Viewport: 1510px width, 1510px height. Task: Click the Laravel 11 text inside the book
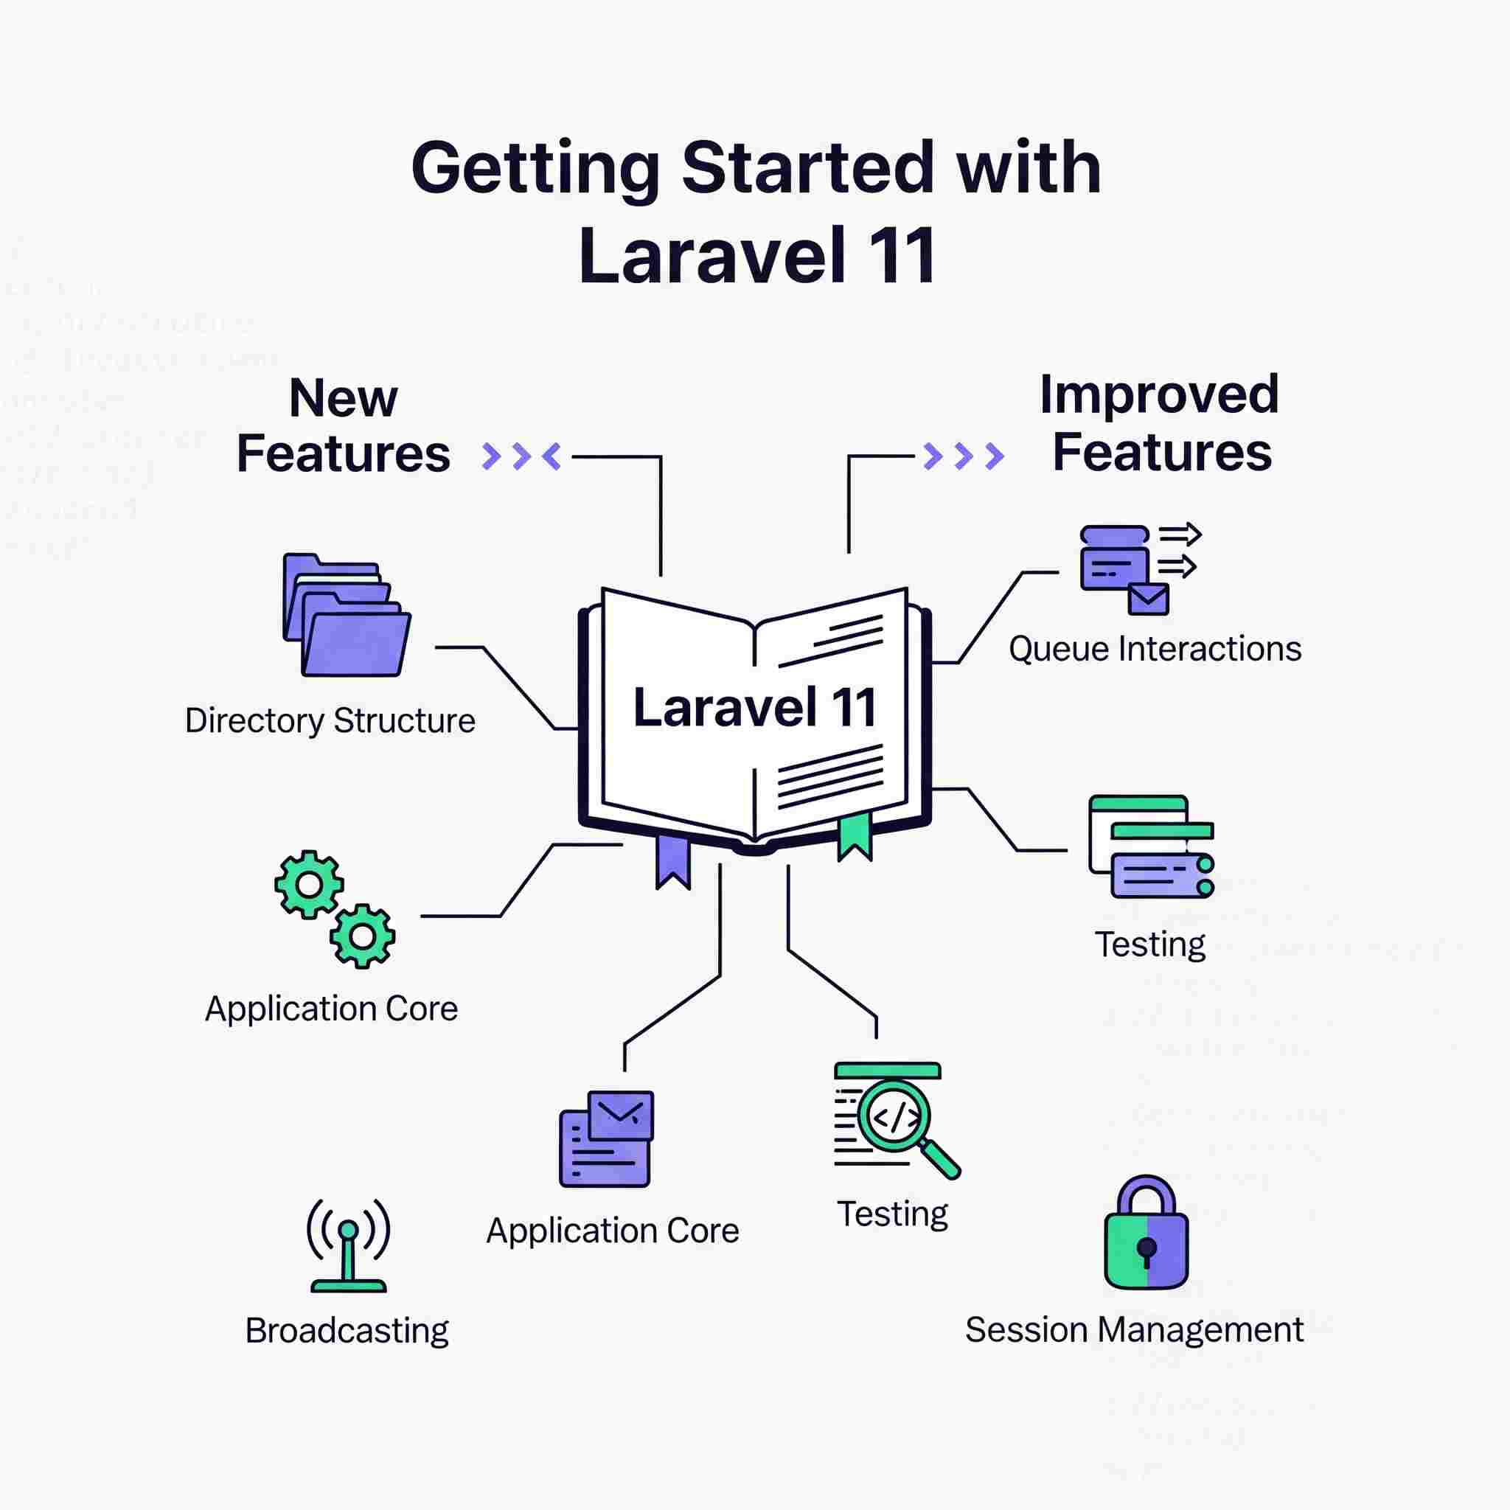754,708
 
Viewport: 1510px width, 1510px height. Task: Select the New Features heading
343,426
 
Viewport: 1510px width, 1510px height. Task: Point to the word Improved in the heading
1159,394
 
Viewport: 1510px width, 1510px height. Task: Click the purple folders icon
347,616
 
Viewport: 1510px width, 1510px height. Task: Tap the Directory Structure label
330,720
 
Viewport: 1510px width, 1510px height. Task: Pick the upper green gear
309,884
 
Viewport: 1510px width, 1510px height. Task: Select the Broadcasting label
347,1331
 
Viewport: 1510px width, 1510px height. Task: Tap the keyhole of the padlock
1147,1248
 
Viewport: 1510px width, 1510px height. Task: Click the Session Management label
1134,1329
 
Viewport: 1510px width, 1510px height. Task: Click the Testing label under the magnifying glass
893,1214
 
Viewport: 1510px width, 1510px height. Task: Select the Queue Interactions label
1155,649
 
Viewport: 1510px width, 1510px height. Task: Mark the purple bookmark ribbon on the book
673,861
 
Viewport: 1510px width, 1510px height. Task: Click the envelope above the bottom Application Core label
621,1114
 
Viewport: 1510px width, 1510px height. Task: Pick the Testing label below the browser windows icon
1149,944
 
